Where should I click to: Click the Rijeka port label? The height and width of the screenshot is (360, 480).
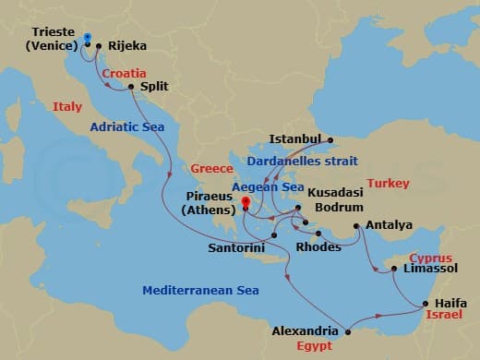pyautogui.click(x=126, y=43)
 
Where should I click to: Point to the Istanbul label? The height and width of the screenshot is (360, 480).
pyautogui.click(x=294, y=139)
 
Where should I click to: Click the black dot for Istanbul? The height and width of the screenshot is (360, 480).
pyautogui.click(x=330, y=140)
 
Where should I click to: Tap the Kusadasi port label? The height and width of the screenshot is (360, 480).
pyautogui.click(x=335, y=193)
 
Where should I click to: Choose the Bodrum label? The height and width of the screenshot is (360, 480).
pyautogui.click(x=338, y=207)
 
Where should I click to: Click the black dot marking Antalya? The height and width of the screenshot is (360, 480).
pyautogui.click(x=356, y=224)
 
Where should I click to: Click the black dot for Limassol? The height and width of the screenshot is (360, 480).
pyautogui.click(x=394, y=270)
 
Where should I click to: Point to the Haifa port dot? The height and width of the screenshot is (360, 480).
pyautogui.click(x=424, y=303)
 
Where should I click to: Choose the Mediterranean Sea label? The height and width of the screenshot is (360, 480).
pyautogui.click(x=200, y=290)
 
